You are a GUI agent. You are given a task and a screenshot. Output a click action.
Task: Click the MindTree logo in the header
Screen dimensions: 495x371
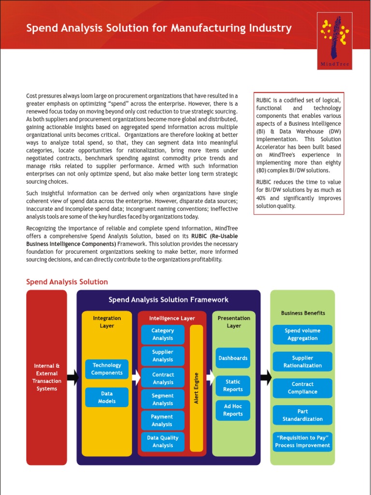pos(335,41)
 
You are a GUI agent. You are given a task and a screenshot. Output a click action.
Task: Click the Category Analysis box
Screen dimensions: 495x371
pos(162,335)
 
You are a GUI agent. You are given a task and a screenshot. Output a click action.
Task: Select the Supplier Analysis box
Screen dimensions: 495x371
pos(162,356)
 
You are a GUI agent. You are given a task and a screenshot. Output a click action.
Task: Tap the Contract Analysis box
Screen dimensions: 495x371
pos(162,379)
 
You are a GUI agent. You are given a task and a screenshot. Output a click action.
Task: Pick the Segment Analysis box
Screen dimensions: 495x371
pos(162,399)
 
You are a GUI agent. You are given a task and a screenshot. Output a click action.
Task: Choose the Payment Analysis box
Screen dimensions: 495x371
pos(162,421)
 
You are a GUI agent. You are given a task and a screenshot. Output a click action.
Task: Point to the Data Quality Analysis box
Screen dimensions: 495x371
pos(162,441)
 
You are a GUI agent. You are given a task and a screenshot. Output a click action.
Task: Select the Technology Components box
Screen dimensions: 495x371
pos(107,369)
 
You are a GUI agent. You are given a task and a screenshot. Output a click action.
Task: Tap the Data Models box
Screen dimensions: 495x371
pos(107,397)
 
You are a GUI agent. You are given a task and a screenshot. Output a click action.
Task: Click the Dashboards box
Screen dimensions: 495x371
pos(233,358)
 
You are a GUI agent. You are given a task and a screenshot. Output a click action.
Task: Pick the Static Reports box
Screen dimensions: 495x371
pos(233,386)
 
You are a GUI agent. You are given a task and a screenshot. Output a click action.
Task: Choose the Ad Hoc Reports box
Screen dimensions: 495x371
pos(233,410)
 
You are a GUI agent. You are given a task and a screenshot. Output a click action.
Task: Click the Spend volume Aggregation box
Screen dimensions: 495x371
pos(302,335)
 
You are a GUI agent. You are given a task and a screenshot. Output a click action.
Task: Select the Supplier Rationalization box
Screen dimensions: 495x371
pos(302,362)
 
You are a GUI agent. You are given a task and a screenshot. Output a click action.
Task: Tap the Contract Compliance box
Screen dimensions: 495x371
pos(302,388)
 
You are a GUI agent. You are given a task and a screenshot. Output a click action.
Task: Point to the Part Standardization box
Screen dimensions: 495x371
pos(302,415)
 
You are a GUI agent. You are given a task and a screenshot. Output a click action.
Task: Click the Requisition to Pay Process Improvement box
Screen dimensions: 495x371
pos(302,442)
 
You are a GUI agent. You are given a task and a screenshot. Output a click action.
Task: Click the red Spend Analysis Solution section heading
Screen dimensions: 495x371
pos(67,282)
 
